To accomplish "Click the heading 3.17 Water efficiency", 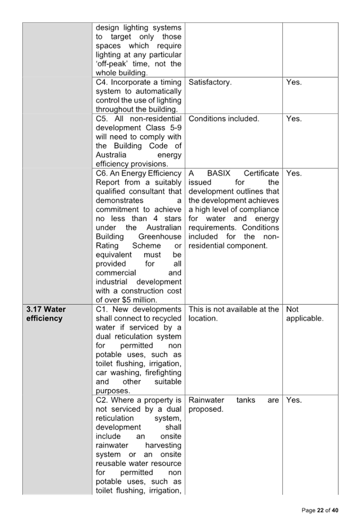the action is coord(46,314).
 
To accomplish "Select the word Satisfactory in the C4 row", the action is coord(210,82).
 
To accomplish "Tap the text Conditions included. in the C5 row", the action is coord(224,119).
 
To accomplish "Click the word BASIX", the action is coord(219,174).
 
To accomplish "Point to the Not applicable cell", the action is coord(305,314).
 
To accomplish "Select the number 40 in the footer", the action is coord(335,510).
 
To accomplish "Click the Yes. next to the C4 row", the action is coord(293,82).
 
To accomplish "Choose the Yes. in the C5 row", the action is coord(293,119).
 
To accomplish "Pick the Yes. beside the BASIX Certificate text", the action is coord(293,174).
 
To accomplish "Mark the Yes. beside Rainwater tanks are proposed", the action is coord(293,400).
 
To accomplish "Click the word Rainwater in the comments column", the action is coord(206,400).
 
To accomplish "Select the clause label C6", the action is coord(101,174).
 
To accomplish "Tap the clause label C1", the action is coord(101,309).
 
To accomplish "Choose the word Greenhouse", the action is coord(160,236).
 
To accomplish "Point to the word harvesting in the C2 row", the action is coord(163,445).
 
